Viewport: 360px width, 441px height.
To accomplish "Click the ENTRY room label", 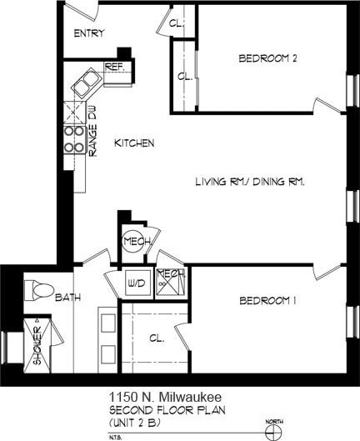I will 88,33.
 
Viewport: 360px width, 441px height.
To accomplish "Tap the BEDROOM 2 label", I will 267,58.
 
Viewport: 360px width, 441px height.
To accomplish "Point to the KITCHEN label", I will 134,143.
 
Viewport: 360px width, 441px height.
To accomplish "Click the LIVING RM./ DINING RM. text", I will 249,182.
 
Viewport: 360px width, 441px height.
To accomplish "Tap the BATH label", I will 68,298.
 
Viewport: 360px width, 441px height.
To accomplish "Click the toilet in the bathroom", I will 38,291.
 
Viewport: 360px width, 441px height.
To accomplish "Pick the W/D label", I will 136,283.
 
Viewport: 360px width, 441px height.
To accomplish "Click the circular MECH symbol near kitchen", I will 134,242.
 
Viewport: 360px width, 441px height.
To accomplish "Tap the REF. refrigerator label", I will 114,67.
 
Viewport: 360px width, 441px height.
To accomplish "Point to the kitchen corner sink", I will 85,83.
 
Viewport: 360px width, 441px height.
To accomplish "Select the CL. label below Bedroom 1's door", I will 156,338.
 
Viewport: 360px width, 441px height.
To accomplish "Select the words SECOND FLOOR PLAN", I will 167,409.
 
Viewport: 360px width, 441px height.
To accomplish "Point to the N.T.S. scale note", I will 116,433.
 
